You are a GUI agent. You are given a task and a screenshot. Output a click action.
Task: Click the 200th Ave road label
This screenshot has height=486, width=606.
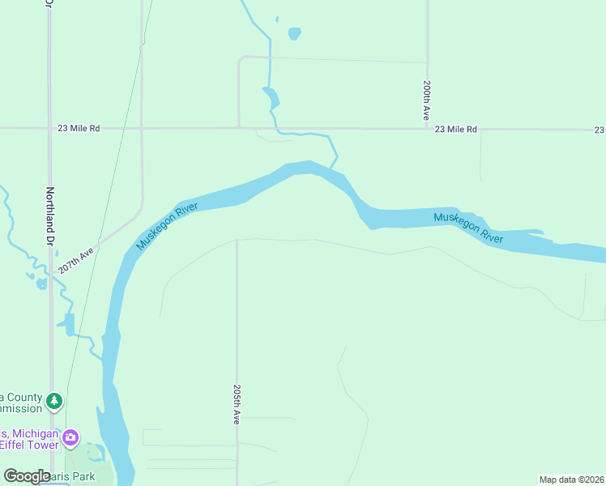426,100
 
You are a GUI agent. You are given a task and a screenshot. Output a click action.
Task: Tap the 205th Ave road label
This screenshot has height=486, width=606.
237,404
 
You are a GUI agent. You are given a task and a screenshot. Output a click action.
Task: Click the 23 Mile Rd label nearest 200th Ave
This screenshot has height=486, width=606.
456,129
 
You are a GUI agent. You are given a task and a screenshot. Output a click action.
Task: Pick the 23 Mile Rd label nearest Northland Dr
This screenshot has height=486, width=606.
79,128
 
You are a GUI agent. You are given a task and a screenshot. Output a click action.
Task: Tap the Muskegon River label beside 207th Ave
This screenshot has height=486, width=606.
167,227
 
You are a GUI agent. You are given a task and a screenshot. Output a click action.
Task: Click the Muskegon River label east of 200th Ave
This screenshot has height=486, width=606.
467,227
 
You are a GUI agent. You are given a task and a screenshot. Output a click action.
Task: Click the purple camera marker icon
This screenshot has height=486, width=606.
71,438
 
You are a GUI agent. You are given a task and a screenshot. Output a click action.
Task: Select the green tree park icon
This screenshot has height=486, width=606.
54,400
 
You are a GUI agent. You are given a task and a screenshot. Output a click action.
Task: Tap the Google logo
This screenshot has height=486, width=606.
27,476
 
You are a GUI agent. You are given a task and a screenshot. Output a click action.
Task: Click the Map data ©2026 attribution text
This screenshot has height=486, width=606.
571,480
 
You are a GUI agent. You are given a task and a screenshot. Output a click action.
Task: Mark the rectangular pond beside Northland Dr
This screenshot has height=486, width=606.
69,324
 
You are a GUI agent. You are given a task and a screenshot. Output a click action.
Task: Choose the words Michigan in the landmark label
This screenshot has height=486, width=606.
34,433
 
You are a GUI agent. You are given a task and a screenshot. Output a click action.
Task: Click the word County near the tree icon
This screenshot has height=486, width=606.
26,397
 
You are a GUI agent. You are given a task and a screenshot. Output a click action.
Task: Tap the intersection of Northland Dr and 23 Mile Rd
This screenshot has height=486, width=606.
49,128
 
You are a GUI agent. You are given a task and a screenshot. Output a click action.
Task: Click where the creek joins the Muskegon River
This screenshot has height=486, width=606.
332,168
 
